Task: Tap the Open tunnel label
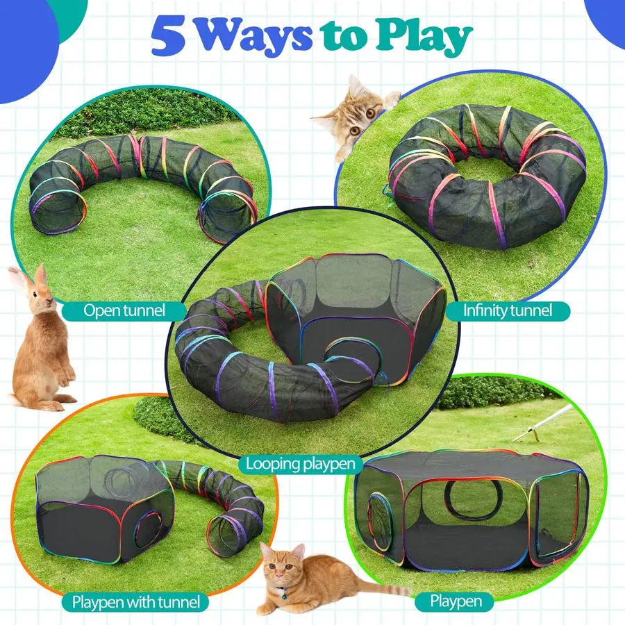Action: [124, 310]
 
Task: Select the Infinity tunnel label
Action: [508, 310]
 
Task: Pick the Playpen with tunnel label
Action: [136, 601]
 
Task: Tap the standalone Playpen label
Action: [454, 601]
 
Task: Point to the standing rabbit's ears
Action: [31, 278]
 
